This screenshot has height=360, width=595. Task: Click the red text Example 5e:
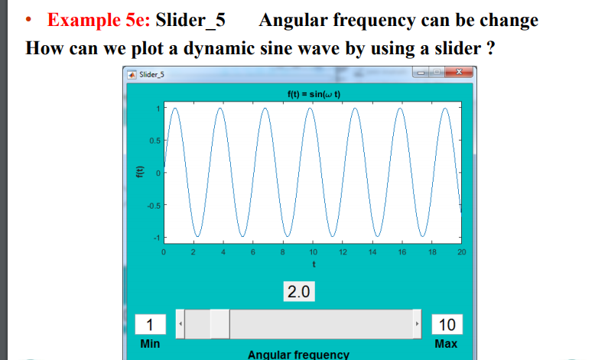tap(99, 20)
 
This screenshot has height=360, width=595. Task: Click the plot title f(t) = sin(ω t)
tap(313, 94)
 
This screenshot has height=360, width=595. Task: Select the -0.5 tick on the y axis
tap(152, 205)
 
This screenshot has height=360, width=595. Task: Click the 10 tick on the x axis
tap(313, 251)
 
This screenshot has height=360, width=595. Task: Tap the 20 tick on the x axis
tap(461, 251)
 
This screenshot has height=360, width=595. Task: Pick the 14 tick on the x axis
tap(372, 251)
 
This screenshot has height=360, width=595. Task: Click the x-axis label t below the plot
tap(313, 264)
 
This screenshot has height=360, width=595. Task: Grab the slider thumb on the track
tap(219, 324)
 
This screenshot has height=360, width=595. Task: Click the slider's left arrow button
tap(180, 324)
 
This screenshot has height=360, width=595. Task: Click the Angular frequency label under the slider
tap(298, 354)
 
